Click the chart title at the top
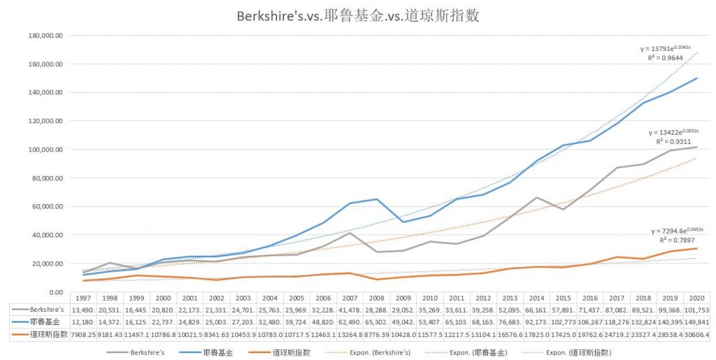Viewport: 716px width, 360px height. point(357,15)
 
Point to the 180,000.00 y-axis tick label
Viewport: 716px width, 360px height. point(44,35)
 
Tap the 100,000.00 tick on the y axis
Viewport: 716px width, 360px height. point(44,150)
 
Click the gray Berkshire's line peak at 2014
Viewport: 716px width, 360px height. point(536,198)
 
